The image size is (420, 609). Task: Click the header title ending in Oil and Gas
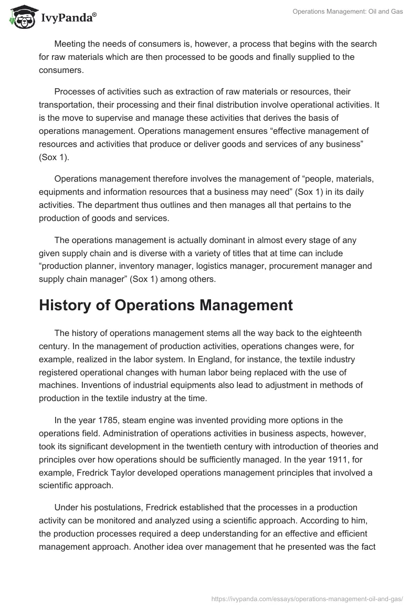click(x=348, y=12)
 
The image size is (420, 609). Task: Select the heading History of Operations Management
click(x=166, y=306)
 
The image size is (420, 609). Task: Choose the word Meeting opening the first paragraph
click(x=71, y=43)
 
